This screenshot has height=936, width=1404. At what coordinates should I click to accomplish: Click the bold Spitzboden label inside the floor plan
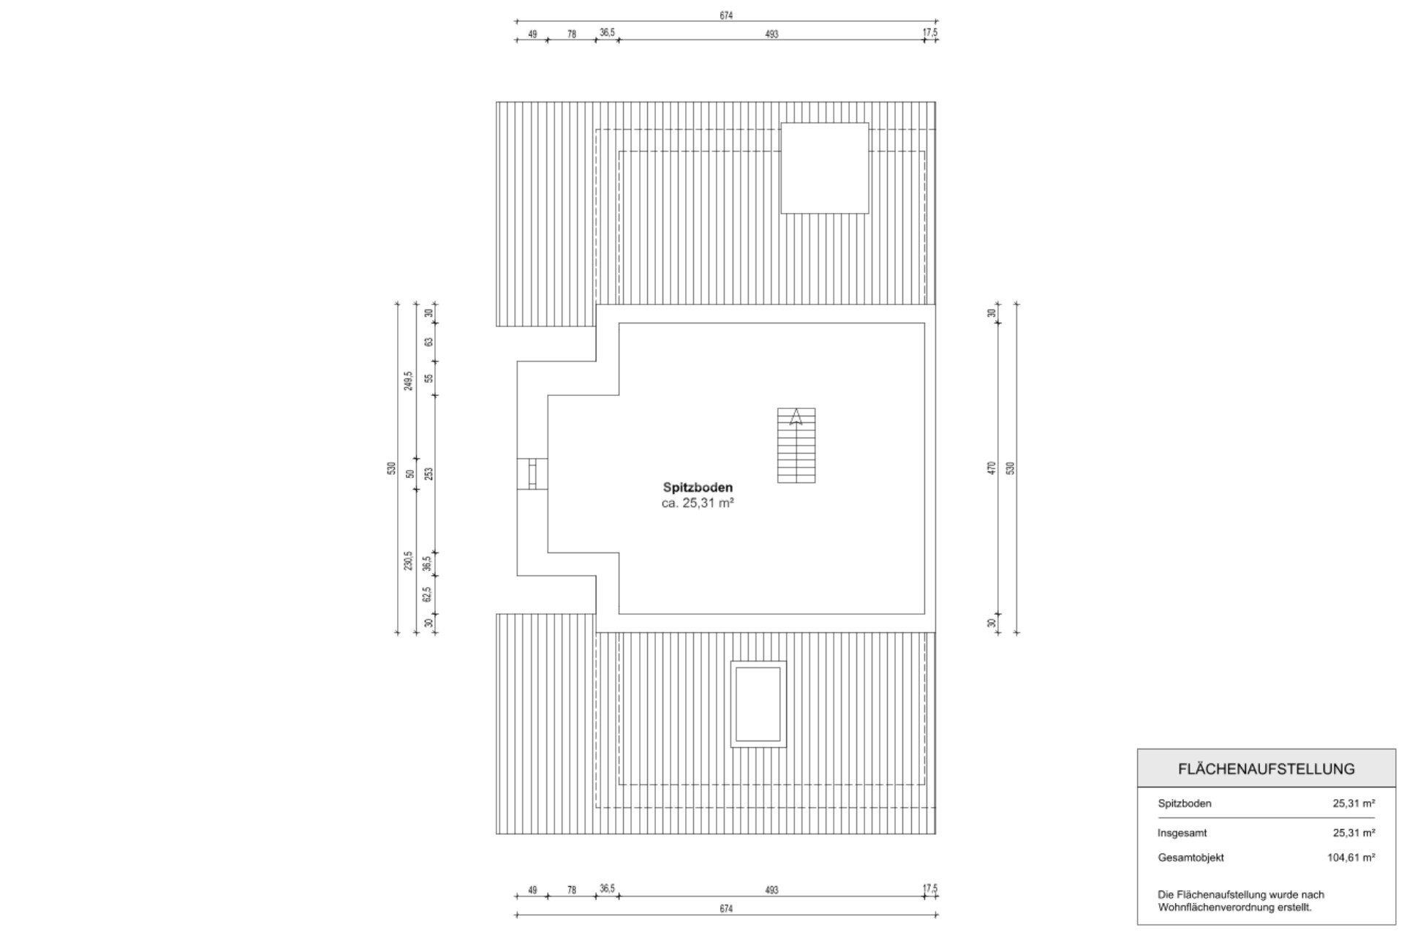coord(698,487)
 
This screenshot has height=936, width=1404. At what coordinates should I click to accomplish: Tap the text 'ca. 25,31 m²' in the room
coord(698,503)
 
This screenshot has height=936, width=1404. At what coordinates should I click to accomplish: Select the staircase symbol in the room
coord(796,446)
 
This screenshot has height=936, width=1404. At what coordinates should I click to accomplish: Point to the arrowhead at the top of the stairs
coord(796,417)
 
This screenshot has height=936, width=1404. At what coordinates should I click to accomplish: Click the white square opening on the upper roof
coord(825,168)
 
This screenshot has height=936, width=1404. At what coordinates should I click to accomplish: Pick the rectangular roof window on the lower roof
coord(758,704)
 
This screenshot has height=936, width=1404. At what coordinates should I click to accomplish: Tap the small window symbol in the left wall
coord(532,473)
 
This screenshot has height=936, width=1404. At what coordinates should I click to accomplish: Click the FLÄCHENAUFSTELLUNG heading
coord(1266,769)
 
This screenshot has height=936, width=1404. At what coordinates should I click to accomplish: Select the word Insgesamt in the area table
coord(1182,833)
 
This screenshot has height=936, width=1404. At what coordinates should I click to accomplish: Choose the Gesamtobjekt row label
coord(1190,858)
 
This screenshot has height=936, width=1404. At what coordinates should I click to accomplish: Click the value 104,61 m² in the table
coord(1351,858)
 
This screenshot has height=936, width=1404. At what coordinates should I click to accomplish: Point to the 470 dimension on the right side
coord(992,468)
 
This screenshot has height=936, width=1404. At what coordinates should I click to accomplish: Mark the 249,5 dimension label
coord(408,381)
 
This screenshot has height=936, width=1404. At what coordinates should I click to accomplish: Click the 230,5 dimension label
coord(408,561)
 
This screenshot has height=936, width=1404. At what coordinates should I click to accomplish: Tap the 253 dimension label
coord(429,473)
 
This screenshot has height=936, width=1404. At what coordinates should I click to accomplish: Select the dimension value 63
coord(429,342)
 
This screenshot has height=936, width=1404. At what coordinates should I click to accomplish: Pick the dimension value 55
coord(429,378)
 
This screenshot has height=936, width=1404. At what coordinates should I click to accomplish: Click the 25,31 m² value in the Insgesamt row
coord(1354,833)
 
